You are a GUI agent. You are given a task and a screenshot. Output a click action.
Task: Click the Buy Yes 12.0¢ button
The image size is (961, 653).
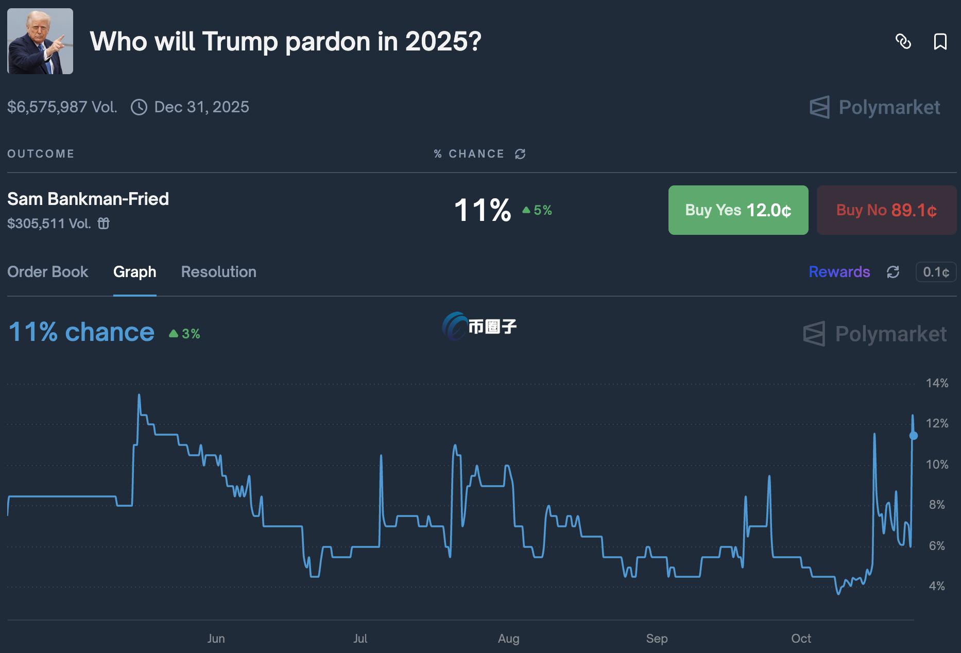[x=738, y=210]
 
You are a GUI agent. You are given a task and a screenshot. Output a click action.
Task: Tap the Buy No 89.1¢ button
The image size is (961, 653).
[x=886, y=210]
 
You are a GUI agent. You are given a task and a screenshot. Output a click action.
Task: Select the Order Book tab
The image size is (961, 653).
[x=47, y=272]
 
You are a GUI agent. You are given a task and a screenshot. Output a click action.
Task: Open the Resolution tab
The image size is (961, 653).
[x=218, y=272]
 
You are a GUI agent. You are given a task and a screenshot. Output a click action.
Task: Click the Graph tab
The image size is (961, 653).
[x=134, y=272]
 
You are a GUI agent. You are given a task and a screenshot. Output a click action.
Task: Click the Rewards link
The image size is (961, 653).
[x=839, y=272]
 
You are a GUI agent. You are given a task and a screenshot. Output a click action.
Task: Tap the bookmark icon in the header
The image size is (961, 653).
[x=940, y=42]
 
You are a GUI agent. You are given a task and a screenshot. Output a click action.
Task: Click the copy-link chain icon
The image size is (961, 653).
[x=903, y=42]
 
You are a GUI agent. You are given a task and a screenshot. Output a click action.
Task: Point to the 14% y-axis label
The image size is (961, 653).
[x=937, y=383]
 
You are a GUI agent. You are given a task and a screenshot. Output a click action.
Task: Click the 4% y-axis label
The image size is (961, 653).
[x=937, y=586]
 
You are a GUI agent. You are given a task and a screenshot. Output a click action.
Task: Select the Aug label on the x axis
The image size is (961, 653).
[x=508, y=639]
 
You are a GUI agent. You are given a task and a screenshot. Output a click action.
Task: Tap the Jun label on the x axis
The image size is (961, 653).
[x=216, y=639]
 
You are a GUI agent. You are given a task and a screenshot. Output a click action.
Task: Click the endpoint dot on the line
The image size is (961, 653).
[x=914, y=436]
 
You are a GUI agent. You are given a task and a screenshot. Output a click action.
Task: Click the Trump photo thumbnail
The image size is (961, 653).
[x=40, y=41]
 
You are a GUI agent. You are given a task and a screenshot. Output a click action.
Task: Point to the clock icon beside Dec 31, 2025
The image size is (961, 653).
[x=139, y=107]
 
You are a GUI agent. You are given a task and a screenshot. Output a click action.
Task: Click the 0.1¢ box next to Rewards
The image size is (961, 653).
[x=936, y=272]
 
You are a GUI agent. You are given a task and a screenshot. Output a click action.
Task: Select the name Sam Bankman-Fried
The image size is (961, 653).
[x=88, y=199]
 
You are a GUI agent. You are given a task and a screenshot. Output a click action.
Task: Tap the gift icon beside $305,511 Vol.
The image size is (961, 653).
[x=104, y=224]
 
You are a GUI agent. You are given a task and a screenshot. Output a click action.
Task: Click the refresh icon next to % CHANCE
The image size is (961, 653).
[x=520, y=154]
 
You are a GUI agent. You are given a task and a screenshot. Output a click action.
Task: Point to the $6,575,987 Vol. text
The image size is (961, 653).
[x=62, y=107]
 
